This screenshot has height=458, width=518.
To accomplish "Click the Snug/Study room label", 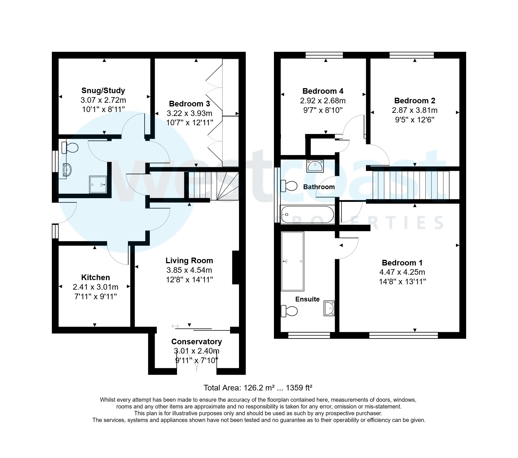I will [x=103, y=91].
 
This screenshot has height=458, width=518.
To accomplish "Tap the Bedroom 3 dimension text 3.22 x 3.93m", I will [x=189, y=113].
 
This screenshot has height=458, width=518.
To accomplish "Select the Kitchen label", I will [x=96, y=278].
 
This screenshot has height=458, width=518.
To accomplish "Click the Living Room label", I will [x=189, y=261].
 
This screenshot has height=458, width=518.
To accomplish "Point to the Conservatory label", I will [x=196, y=342].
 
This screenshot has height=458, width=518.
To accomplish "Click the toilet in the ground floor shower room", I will [x=70, y=148].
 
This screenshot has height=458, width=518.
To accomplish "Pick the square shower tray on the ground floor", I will [x=98, y=185].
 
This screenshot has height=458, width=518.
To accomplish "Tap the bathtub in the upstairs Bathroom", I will [x=307, y=215].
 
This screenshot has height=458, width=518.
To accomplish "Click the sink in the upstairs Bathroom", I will [x=315, y=166].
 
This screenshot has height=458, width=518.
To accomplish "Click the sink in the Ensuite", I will [x=329, y=308].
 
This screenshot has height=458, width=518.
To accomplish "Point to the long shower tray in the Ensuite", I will [x=293, y=261].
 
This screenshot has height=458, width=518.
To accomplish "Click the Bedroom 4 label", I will [x=323, y=91].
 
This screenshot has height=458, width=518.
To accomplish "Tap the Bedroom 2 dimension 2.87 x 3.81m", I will [x=415, y=110].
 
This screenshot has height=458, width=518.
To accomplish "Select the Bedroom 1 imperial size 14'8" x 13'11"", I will [x=402, y=282].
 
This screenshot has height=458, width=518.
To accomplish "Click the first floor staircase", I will [x=411, y=185].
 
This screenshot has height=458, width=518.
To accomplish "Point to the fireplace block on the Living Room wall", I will [x=236, y=267].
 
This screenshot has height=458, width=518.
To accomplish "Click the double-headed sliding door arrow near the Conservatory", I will [x=175, y=326].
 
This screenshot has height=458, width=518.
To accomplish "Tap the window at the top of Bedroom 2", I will [x=411, y=55].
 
